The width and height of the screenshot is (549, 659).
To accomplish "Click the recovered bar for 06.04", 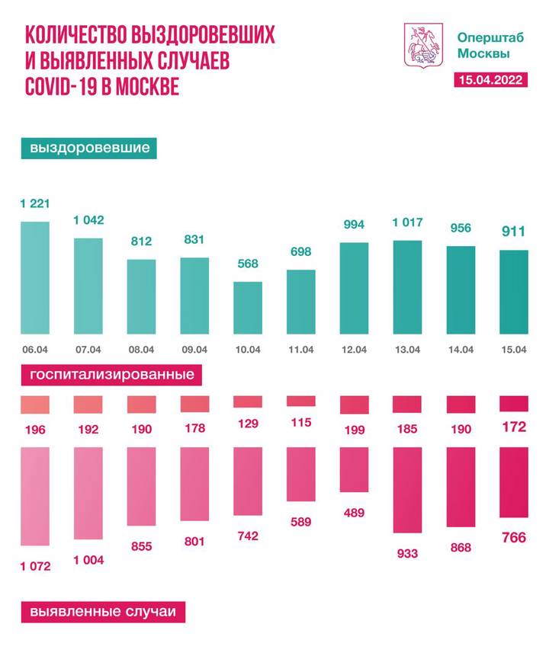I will pyautogui.click(x=34, y=278).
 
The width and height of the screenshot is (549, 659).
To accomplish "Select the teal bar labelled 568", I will pyautogui.click(x=248, y=309).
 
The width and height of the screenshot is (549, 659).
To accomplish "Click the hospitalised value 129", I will pyautogui.click(x=248, y=429).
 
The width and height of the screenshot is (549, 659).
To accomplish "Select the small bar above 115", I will pyautogui.click(x=300, y=401).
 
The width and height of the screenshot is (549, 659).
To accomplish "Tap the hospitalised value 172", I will pyautogui.click(x=513, y=428).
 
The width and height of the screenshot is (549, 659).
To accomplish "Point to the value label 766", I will pyautogui.click(x=513, y=537).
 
